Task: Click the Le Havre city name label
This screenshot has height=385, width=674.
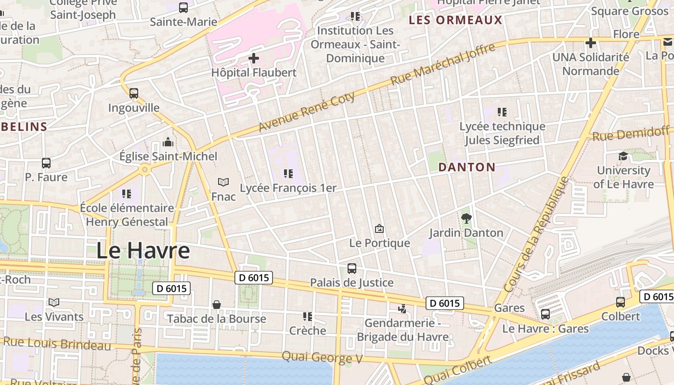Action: click(143, 251)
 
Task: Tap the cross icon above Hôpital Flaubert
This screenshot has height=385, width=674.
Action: click(254, 59)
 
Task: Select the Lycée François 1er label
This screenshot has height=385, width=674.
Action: click(288, 188)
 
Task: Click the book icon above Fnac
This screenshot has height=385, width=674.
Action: click(223, 182)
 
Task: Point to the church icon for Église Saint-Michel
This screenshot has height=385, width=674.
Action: click(168, 142)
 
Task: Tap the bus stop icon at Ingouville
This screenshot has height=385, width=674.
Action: click(134, 93)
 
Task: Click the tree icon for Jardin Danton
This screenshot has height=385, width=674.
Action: click(466, 218)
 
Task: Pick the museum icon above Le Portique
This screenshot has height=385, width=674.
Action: click(379, 229)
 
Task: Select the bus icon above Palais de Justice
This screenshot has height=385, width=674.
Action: click(352, 269)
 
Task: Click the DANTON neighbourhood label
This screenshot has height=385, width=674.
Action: click(467, 167)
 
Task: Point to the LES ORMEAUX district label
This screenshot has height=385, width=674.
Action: click(455, 20)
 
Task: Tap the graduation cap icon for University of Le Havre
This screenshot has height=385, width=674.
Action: click(623, 156)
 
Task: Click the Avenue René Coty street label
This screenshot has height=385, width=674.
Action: click(307, 112)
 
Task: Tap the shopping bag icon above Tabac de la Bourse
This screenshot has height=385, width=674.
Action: click(217, 305)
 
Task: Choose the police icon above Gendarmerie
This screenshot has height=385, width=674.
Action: click(402, 308)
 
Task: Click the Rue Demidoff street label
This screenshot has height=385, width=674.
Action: click(630, 133)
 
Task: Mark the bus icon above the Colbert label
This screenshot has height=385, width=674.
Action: click(621, 302)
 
